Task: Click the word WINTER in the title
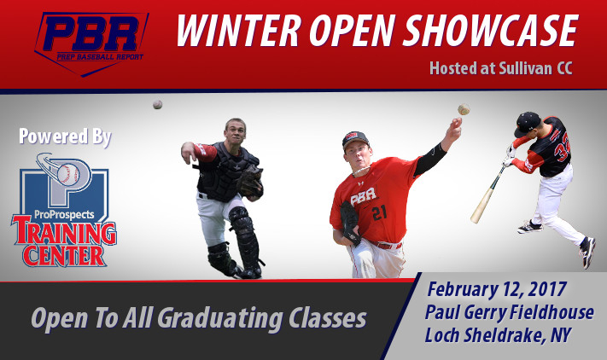click(x=239, y=31)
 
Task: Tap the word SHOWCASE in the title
click(x=491, y=31)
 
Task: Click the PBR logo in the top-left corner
click(x=91, y=44)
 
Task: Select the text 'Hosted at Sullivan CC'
click(x=501, y=68)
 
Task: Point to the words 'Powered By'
click(x=65, y=136)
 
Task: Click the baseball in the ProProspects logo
click(x=68, y=174)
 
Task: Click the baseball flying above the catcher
click(x=158, y=104)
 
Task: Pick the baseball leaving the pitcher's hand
click(x=464, y=109)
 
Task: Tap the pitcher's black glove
click(x=351, y=224)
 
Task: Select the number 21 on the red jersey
click(x=379, y=213)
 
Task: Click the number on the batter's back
click(x=563, y=149)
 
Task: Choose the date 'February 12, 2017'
click(x=498, y=290)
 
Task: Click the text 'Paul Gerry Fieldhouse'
click(x=510, y=312)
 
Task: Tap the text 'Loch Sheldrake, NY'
click(x=498, y=335)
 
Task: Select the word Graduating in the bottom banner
click(x=220, y=318)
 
